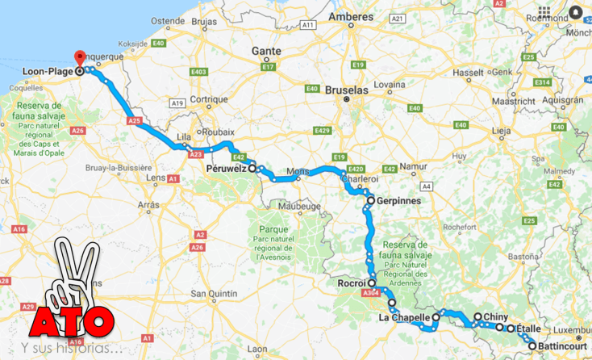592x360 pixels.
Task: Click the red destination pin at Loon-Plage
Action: (x=79, y=59)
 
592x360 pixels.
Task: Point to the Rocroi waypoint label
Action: (x=352, y=284)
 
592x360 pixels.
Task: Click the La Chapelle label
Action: (x=404, y=317)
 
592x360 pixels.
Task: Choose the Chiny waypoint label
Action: (x=495, y=317)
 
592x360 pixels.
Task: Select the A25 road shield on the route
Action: (x=135, y=120)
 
